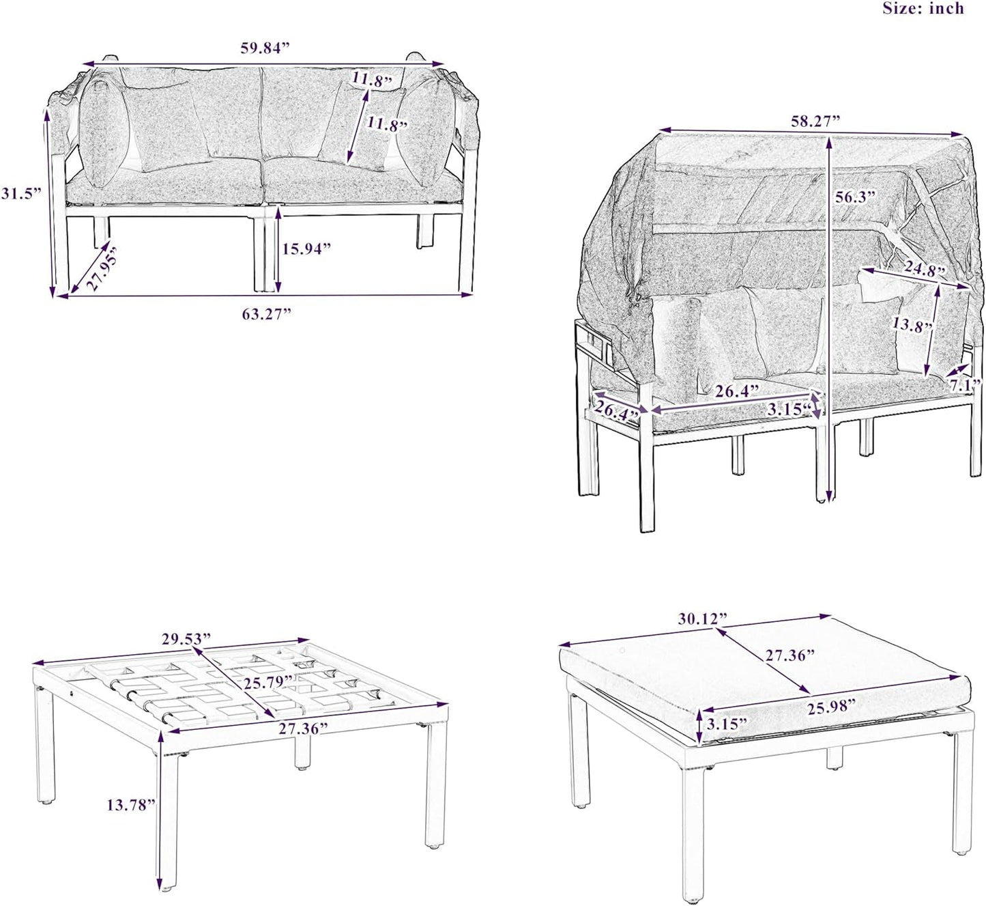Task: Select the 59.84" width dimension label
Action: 265,48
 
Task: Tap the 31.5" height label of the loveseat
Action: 20,194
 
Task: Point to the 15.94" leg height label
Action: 306,249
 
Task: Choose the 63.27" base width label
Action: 266,314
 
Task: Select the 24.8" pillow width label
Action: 925,268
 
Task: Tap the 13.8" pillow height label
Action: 912,326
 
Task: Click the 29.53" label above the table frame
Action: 186,639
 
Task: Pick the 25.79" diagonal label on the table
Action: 268,682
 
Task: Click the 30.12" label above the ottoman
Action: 703,619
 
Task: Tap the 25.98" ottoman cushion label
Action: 831,707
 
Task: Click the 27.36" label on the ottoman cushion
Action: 790,655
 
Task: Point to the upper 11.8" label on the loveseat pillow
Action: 373,79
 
